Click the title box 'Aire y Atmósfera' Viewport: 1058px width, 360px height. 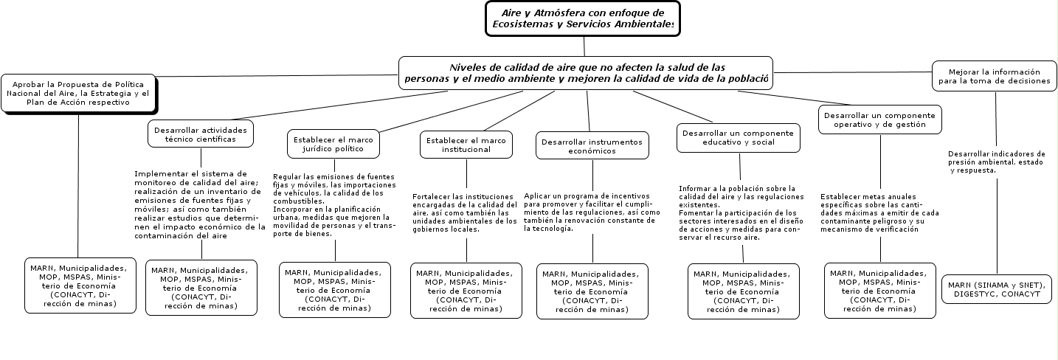[x=582, y=18]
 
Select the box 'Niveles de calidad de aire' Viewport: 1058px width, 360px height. [x=585, y=72]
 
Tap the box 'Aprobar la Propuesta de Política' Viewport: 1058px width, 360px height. [x=78, y=94]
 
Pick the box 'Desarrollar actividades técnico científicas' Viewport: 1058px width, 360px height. [x=201, y=134]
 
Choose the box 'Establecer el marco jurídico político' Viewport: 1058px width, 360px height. [x=333, y=143]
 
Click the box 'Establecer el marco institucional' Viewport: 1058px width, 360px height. [x=466, y=144]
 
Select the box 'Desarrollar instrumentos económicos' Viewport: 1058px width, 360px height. [x=592, y=145]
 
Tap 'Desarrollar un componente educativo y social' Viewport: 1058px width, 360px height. [x=738, y=137]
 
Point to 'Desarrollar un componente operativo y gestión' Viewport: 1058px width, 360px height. [x=879, y=120]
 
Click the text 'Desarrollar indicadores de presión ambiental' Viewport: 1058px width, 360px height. [x=996, y=162]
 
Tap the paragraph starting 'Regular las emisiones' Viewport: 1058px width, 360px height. [x=333, y=205]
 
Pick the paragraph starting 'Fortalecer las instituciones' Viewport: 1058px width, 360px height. [x=465, y=212]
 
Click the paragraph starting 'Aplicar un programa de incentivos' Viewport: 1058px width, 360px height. [x=592, y=212]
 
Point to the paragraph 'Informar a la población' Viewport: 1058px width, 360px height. [x=741, y=213]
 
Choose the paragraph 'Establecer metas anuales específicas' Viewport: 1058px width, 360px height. [x=879, y=213]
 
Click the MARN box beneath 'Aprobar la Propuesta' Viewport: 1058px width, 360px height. [x=80, y=285]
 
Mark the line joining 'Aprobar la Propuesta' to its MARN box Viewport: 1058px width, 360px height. [x=78, y=184]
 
